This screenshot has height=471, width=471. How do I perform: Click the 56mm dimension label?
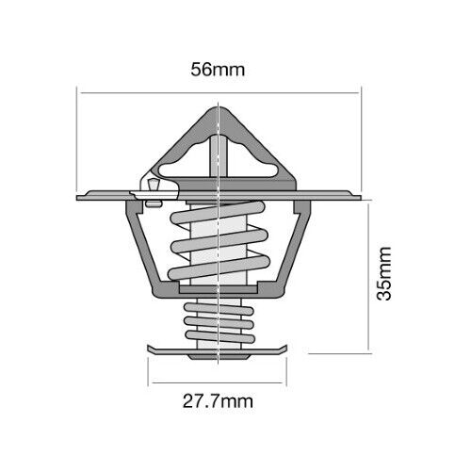[x=218, y=70]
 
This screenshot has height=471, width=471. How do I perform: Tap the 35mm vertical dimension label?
[x=384, y=274]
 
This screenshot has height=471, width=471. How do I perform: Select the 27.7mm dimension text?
[x=218, y=401]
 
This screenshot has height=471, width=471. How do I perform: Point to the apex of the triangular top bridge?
[x=219, y=107]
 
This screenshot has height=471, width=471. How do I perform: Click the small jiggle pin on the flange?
[x=154, y=185]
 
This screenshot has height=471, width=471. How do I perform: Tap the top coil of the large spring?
[x=218, y=213]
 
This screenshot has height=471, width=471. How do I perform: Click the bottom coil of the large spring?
[x=219, y=268]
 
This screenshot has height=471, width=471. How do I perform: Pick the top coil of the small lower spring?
[x=219, y=308]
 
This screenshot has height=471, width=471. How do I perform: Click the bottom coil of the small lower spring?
[x=219, y=336]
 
